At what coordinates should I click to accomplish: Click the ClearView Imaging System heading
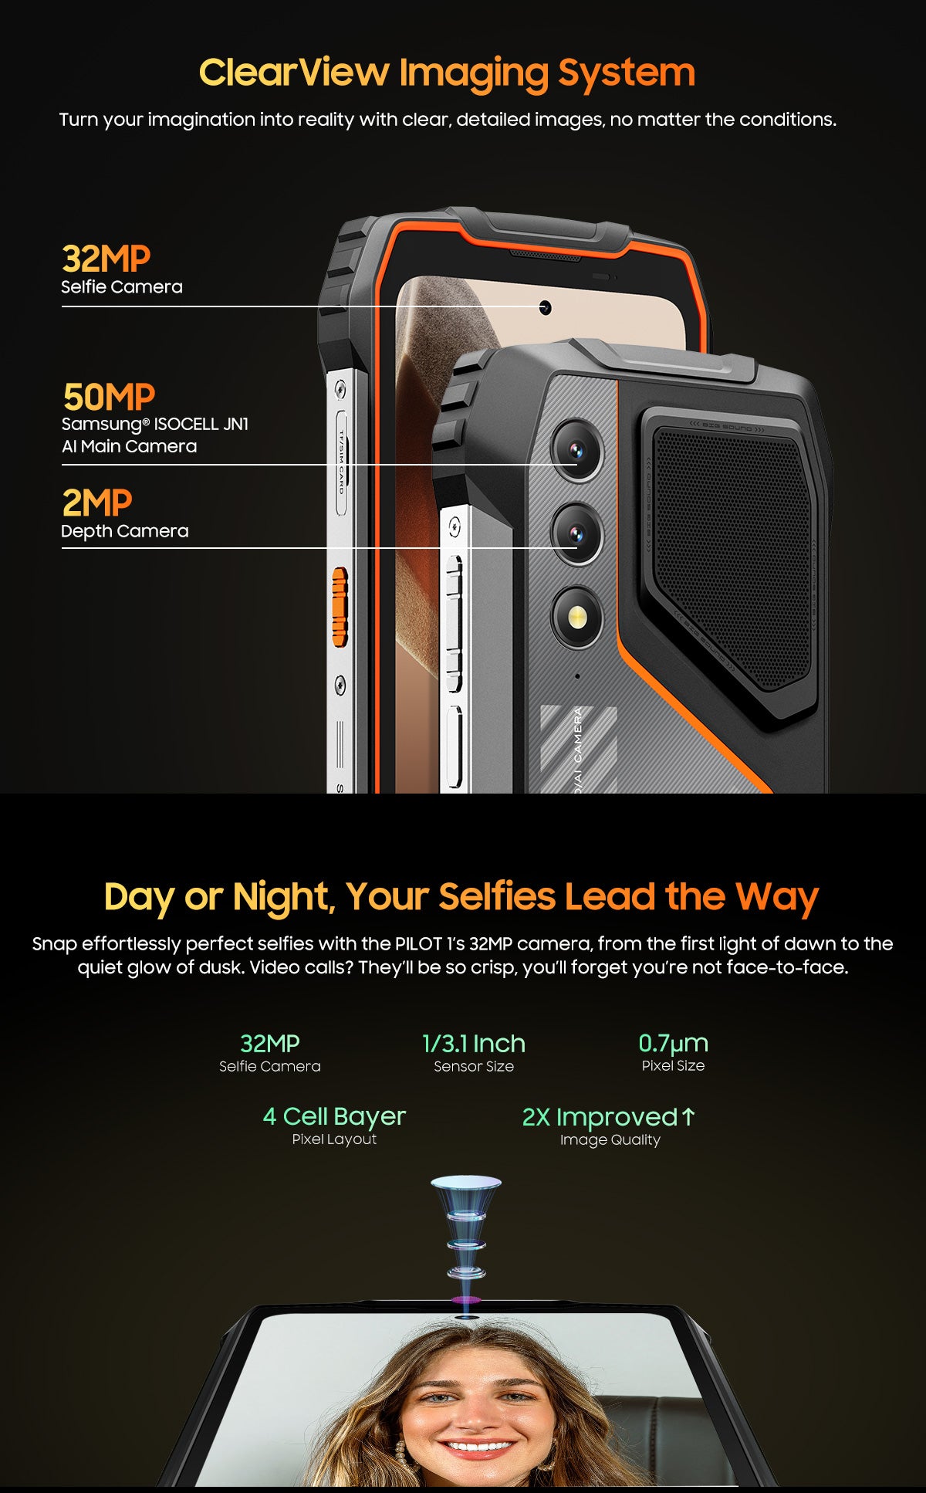pyautogui.click(x=447, y=73)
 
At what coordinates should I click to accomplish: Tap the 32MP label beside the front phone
pyautogui.click(x=106, y=259)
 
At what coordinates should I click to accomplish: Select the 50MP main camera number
pyautogui.click(x=109, y=397)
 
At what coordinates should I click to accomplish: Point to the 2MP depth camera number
pyautogui.click(x=96, y=503)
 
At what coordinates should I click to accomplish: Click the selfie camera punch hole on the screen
pyautogui.click(x=545, y=308)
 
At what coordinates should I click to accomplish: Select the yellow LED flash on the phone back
pyautogui.click(x=576, y=616)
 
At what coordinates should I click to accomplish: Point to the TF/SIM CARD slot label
pyautogui.click(x=340, y=463)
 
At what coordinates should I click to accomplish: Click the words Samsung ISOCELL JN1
pyautogui.click(x=154, y=424)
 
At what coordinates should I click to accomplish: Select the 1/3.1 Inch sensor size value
pyautogui.click(x=473, y=1044)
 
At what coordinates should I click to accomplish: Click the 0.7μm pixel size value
pyautogui.click(x=673, y=1044)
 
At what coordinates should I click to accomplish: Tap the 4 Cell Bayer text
pyautogui.click(x=333, y=1116)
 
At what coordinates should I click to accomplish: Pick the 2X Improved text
pyautogui.click(x=600, y=1117)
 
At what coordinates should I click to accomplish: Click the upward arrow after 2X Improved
pyautogui.click(x=688, y=1116)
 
